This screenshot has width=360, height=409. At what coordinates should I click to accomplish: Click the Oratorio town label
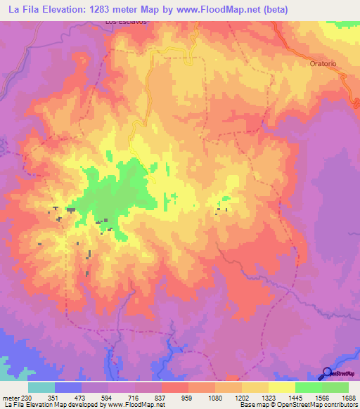324,63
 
